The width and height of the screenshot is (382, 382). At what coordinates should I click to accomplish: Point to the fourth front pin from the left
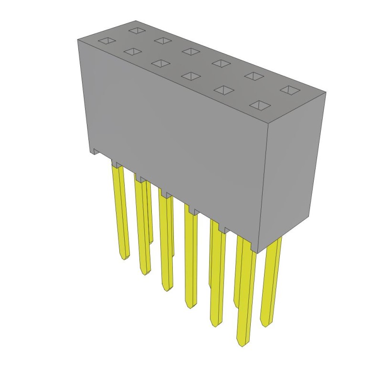pos(191,258)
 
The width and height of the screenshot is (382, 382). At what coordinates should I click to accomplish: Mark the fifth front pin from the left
pos(217,277)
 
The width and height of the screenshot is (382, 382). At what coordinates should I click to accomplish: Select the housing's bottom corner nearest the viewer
pos(258,253)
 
